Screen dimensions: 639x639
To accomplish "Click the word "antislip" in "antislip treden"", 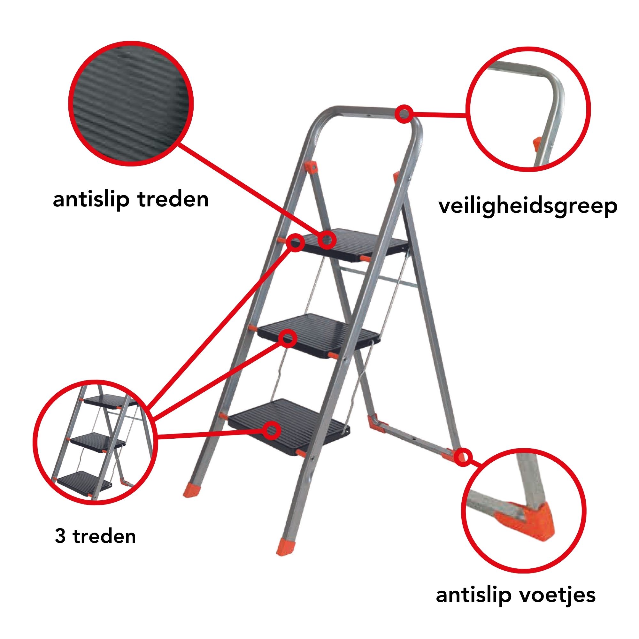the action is pos(91,199).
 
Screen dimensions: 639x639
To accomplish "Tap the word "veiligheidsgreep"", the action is pos(528,207).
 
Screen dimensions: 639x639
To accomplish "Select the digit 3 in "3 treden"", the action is pos(60,536).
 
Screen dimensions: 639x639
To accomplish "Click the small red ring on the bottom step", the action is pos(272,430).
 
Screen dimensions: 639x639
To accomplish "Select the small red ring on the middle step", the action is pos(288,338).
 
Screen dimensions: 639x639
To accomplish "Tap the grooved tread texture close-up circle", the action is pos(131,104).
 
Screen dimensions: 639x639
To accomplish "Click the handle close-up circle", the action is pos(528,109).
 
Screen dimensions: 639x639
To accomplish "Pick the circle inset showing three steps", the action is pos(95,443).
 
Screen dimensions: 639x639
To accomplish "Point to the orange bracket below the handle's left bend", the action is pos(311,167).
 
